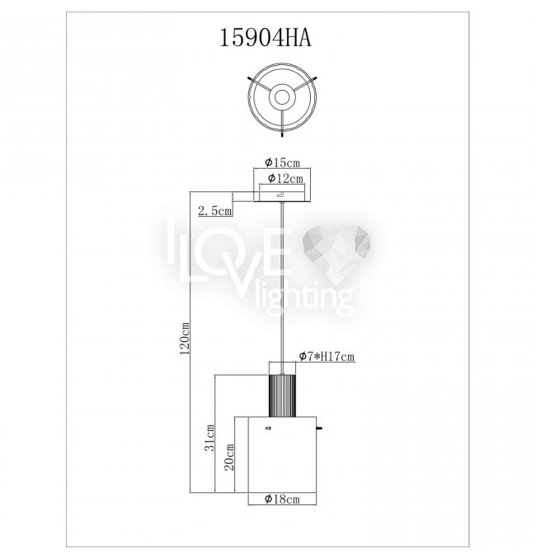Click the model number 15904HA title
coord(266,38)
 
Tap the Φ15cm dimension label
coord(282,162)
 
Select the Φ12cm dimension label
coord(285,178)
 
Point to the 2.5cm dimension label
coord(215,211)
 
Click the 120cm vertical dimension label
coord(185,339)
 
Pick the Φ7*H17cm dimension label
coord(327,356)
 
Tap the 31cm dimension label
coord(209,438)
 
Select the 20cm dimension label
coord(229,457)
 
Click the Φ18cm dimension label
coord(282,499)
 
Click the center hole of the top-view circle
coord(282,96)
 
